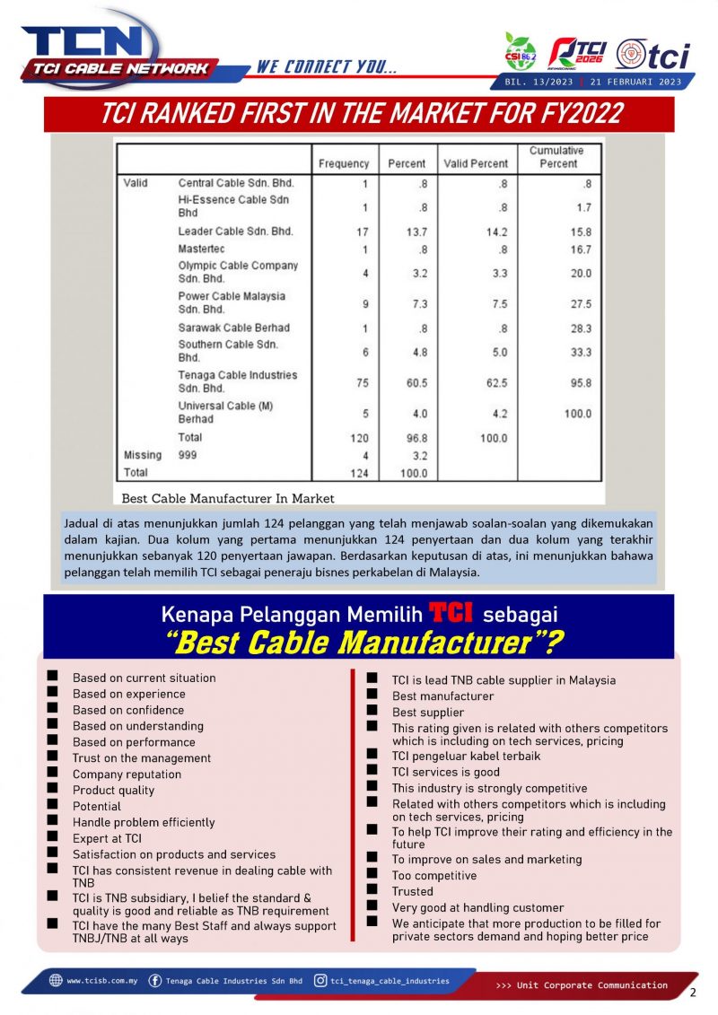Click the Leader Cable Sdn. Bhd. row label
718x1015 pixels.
pyautogui.click(x=236, y=232)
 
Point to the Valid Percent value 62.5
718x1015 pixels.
pyautogui.click(x=496, y=381)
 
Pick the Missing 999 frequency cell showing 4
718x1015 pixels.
pyautogui.click(x=365, y=455)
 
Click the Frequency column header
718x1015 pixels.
pyautogui.click(x=344, y=163)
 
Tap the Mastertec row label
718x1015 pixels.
pyautogui.click(x=202, y=249)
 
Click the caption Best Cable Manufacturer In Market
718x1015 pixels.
pyautogui.click(x=224, y=498)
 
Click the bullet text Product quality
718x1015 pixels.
pyautogui.click(x=113, y=791)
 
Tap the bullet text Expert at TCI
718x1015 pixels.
pyautogui.click(x=107, y=838)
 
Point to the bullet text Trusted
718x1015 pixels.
pyautogui.click(x=412, y=891)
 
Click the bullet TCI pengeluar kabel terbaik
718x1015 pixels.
pyautogui.click(x=466, y=756)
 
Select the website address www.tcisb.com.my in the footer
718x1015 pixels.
pyautogui.click(x=101, y=981)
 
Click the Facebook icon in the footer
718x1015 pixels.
pyautogui.click(x=155, y=981)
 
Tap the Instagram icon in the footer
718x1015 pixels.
pyautogui.click(x=320, y=981)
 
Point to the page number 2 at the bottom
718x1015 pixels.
pyautogui.click(x=693, y=993)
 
